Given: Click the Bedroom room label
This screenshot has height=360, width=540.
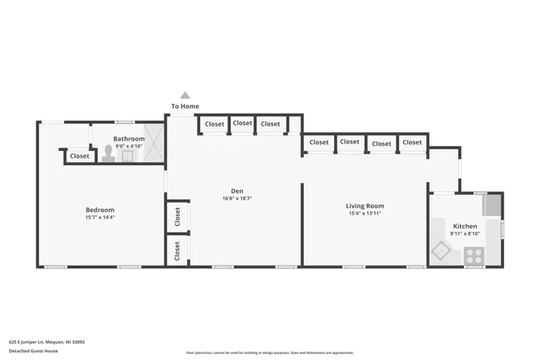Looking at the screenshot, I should click(x=100, y=210).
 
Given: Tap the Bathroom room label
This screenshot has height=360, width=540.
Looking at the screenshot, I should click(x=129, y=138).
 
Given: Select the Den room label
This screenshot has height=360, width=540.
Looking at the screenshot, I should click(x=237, y=191).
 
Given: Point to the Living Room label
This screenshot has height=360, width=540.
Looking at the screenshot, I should click(x=364, y=206).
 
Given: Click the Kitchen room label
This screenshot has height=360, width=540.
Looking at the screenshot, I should click(x=465, y=227).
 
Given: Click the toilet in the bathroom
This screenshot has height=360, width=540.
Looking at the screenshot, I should click(x=108, y=154).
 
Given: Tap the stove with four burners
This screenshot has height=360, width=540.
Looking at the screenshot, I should click(x=474, y=255).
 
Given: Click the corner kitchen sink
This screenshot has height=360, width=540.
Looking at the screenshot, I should click(x=441, y=250).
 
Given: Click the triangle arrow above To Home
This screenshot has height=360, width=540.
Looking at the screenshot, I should click(x=185, y=95).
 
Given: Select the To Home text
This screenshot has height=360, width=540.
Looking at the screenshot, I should click(x=185, y=106).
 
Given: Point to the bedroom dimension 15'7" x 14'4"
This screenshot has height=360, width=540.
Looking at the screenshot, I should click(x=100, y=218).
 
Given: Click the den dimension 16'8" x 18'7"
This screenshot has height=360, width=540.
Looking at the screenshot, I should click(x=237, y=198).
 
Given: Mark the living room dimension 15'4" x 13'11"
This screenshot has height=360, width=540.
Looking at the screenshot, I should click(x=364, y=213).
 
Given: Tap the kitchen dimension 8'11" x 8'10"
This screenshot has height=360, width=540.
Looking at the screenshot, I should click(x=465, y=234).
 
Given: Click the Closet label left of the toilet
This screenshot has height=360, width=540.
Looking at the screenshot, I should click(x=79, y=156).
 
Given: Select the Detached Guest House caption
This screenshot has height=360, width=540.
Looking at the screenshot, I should click(x=31, y=350).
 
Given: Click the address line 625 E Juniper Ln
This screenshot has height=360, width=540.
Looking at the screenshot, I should click(x=46, y=341).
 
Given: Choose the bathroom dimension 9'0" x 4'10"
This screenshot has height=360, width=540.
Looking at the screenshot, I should click(x=129, y=146).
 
